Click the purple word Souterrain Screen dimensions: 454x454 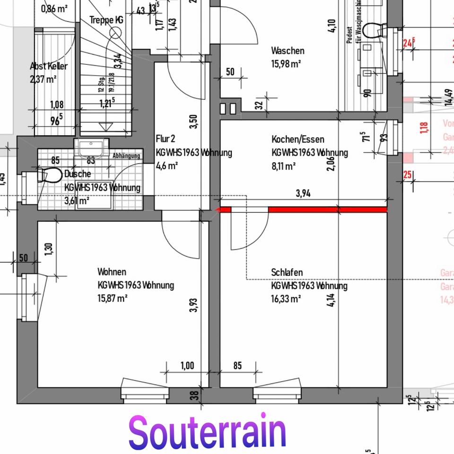point(207,431)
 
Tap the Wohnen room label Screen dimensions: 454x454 point(112,272)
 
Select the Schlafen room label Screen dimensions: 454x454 point(287,272)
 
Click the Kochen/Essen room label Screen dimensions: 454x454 point(298,140)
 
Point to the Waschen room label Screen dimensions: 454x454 point(288,51)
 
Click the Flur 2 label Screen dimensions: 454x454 point(166,139)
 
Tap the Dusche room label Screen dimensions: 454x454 point(78,174)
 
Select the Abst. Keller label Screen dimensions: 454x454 point(48,66)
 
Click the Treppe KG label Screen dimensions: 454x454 point(106,20)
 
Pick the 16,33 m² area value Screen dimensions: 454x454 point(287,299)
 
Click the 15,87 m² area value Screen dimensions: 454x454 point(113,298)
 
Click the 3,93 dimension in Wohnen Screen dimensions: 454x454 point(193,306)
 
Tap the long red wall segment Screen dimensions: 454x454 point(327,210)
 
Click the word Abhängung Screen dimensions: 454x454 point(126,156)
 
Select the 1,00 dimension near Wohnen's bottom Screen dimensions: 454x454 point(187,366)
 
